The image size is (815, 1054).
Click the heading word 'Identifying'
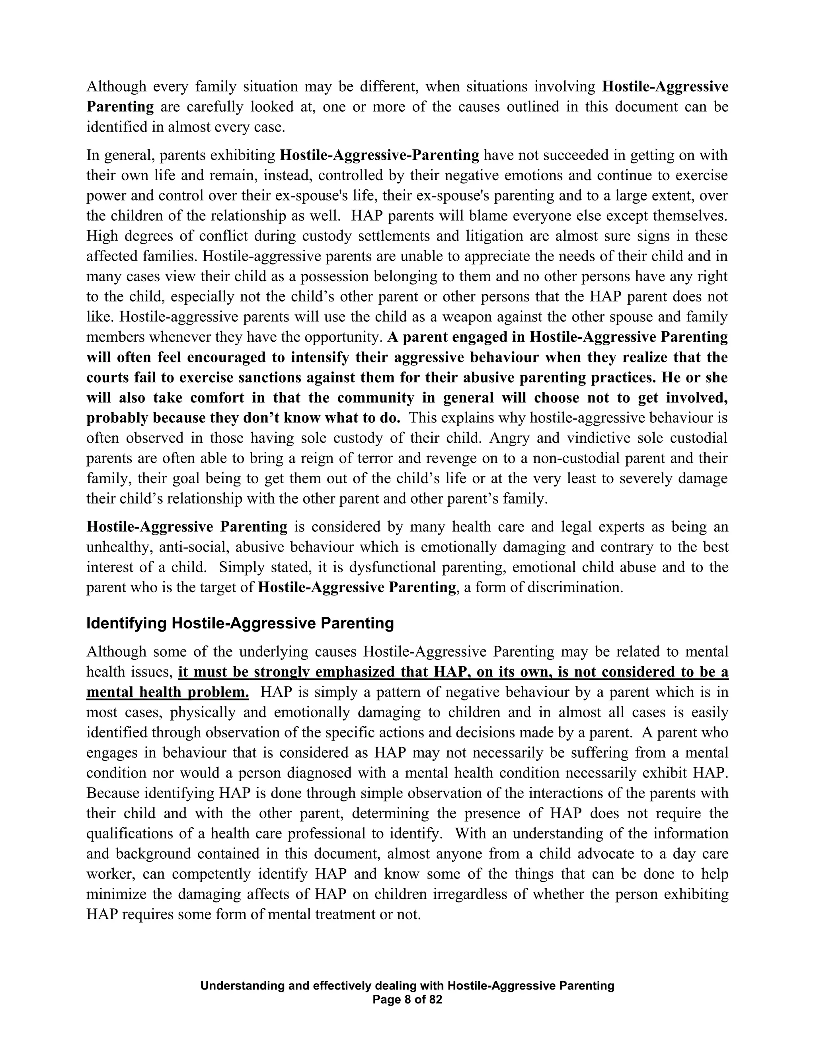(127, 624)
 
